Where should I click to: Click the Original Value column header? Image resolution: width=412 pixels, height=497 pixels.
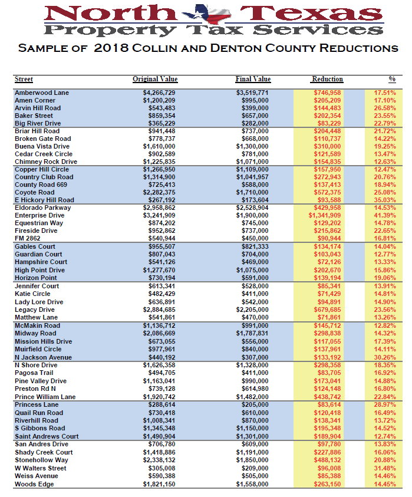click(x=155, y=80)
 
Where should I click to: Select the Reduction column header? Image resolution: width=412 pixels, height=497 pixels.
click(x=327, y=80)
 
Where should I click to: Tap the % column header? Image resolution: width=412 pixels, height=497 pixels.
click(x=392, y=80)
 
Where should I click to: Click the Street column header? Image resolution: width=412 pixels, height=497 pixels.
click(x=24, y=80)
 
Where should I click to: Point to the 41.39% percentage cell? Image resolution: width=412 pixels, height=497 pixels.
click(x=385, y=216)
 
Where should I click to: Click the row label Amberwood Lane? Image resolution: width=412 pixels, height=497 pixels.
click(x=41, y=93)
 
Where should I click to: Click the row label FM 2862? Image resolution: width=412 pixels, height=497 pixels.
click(x=28, y=239)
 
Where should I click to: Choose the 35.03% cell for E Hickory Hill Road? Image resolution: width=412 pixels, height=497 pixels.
click(x=385, y=200)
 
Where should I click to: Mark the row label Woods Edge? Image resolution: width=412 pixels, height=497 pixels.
click(x=34, y=485)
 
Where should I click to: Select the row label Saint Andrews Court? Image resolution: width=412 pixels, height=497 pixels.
click(x=47, y=437)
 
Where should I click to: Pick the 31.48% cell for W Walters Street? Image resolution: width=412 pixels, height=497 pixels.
click(x=385, y=469)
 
